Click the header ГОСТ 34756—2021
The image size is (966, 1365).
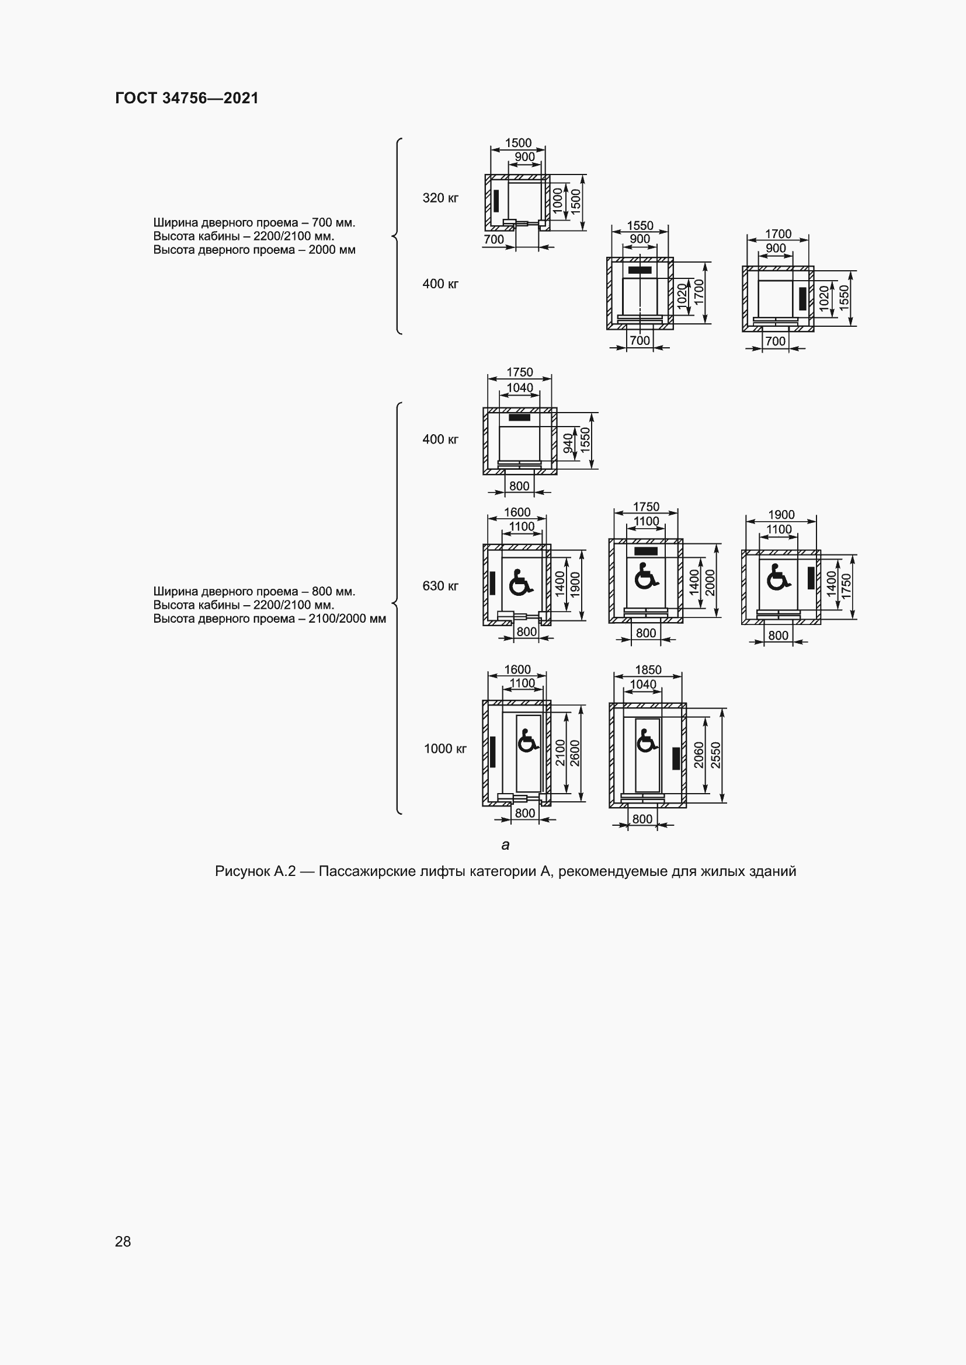187,98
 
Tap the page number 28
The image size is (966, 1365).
123,1241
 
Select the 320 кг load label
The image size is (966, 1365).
440,198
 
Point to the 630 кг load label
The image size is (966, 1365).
440,585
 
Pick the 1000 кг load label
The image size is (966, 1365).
445,749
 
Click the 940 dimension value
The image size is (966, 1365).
568,443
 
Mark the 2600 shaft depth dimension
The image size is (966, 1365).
575,753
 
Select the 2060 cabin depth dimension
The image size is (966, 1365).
699,755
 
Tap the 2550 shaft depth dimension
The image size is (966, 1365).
715,755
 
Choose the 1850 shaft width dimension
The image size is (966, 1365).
648,669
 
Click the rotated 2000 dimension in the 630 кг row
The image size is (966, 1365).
710,582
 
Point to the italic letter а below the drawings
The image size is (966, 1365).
506,845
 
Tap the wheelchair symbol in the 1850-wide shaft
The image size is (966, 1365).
647,741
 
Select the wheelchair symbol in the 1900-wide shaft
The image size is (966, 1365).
778,577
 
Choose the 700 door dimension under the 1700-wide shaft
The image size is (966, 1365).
775,341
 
